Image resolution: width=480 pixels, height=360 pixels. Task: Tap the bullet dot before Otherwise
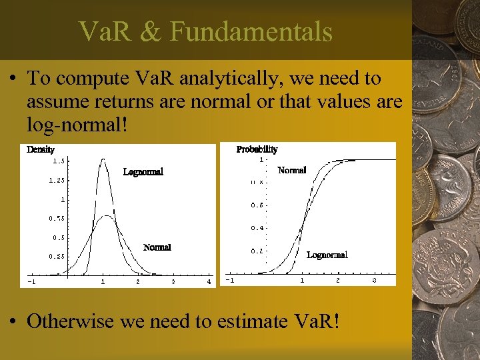(13, 321)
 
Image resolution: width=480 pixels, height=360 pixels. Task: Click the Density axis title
(40, 149)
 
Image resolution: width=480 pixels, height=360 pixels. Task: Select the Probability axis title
(257, 149)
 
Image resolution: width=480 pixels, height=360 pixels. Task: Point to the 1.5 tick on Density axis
(59, 161)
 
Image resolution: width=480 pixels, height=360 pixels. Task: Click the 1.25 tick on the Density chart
(57, 180)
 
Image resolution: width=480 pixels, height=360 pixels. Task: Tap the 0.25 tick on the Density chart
(57, 256)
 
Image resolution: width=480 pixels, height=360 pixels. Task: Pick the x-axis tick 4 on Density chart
(209, 282)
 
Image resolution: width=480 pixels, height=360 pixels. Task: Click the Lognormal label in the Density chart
(143, 172)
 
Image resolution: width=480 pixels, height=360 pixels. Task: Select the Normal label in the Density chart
(157, 247)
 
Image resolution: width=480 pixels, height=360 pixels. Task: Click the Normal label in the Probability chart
(291, 171)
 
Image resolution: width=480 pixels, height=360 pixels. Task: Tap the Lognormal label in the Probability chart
(327, 255)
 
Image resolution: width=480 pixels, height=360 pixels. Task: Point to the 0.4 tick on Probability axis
(257, 228)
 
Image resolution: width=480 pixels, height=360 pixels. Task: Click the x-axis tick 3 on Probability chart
(374, 281)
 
